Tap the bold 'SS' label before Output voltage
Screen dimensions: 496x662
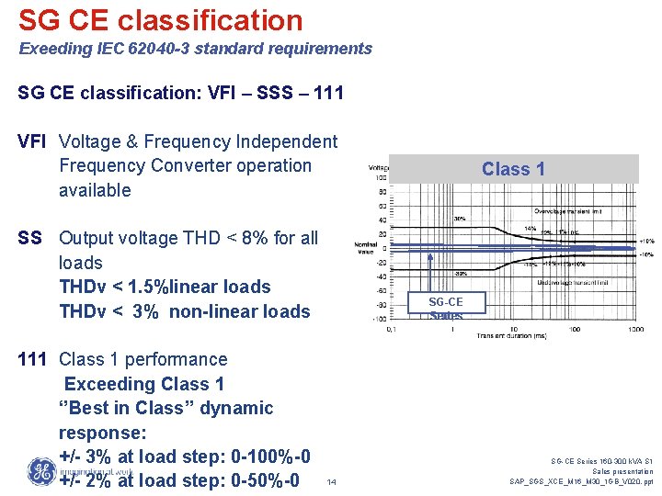(x=30, y=238)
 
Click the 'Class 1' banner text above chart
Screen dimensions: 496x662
(x=513, y=169)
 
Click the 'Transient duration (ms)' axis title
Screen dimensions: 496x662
(x=512, y=336)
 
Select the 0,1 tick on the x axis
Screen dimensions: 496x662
(x=392, y=328)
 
